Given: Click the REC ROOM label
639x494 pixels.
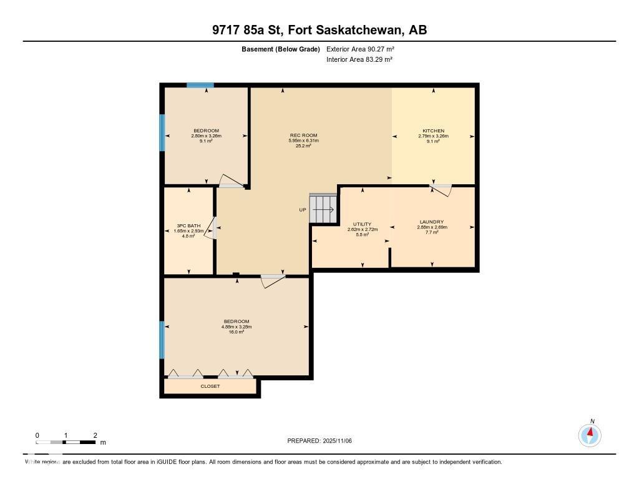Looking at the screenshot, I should point(303,136).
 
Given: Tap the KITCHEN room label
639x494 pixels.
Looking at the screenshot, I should point(433,131).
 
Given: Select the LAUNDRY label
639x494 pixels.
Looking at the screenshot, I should point(432,222).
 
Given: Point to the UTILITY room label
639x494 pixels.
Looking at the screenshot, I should point(362,224).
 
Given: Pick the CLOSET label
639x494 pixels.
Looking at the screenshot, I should point(210,387).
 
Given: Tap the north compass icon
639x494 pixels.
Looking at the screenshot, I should point(590,434).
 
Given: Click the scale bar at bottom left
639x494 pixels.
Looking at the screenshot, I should point(66,442).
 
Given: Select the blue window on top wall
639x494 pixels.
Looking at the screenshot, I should point(200,85).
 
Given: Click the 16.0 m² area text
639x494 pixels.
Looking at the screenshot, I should point(237,332).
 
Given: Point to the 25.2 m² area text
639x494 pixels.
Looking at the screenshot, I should point(303,146).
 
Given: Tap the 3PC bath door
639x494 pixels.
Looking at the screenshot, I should point(213,228).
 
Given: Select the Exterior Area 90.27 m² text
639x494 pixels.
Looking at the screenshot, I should point(360,49).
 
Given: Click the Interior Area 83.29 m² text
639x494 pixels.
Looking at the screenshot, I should point(359,59).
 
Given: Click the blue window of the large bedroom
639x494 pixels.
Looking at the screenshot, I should point(162,340).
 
